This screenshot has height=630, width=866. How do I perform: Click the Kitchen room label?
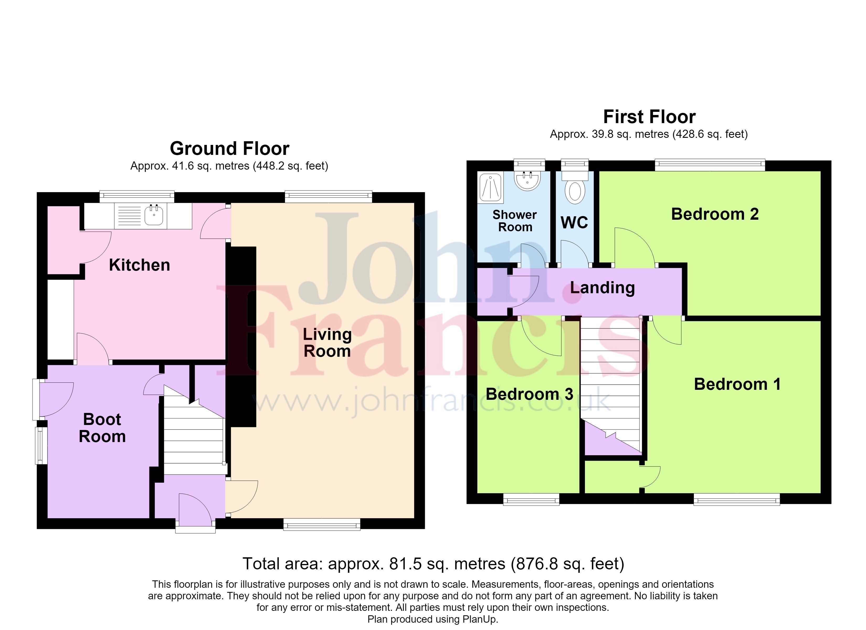click(x=139, y=265)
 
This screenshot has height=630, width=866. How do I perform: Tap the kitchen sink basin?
click(x=154, y=215)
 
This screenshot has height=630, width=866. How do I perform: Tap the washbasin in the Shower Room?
click(x=527, y=180)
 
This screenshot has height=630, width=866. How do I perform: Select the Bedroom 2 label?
click(x=715, y=214)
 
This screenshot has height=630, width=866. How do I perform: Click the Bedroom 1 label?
click(x=737, y=384)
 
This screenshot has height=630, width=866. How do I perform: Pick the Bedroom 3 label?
click(x=530, y=394)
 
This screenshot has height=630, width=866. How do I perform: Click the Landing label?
click(x=603, y=288)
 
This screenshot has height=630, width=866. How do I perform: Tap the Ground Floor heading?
click(x=229, y=148)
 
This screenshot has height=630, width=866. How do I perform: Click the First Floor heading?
click(x=650, y=117)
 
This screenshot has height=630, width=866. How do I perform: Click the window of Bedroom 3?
click(x=531, y=499)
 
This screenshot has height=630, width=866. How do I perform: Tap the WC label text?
click(x=574, y=222)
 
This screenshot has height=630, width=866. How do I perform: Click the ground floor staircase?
click(x=194, y=430)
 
